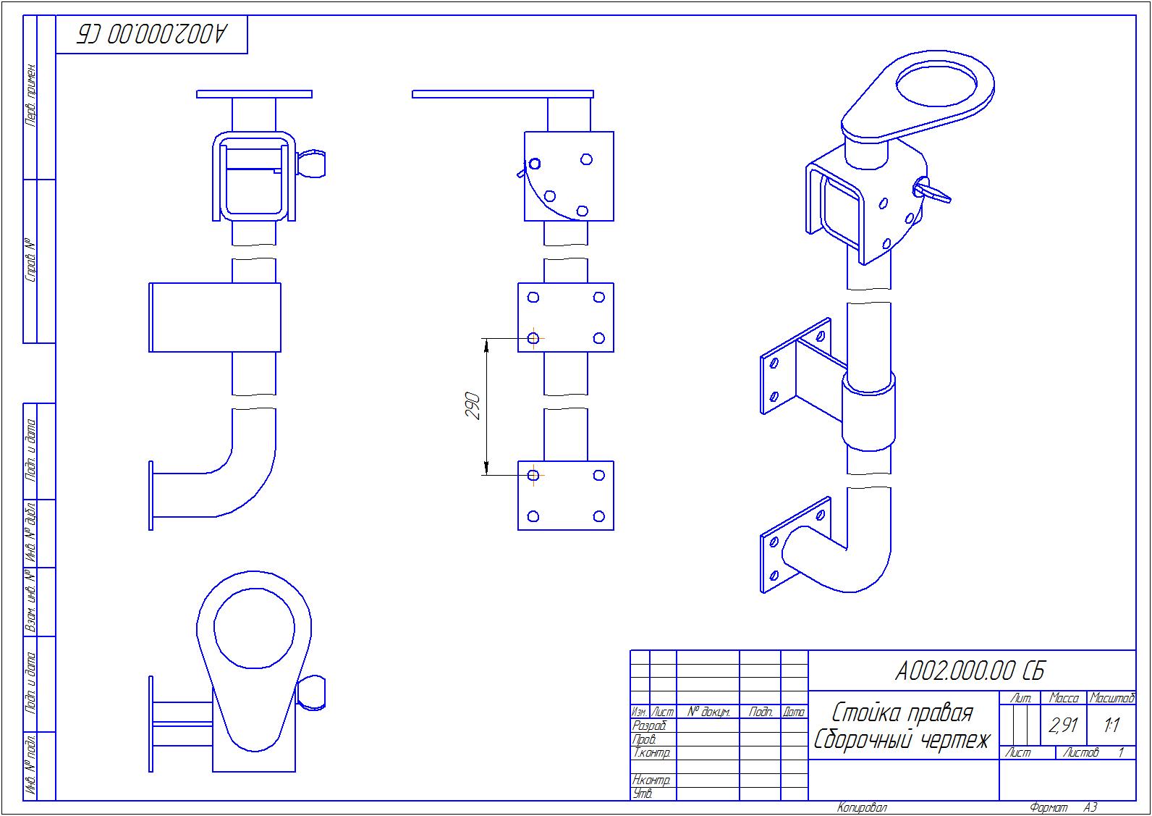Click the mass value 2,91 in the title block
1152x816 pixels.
click(1063, 725)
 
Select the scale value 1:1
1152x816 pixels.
click(1111, 725)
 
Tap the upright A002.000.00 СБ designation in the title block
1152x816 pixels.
click(970, 671)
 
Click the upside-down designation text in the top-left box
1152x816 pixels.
click(152, 34)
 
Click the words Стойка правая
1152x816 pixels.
click(902, 712)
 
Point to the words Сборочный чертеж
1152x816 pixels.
click(902, 740)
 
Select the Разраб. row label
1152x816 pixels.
click(648, 725)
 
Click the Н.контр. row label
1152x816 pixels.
click(651, 780)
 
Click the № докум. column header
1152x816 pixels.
click(708, 712)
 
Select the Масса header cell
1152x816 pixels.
click(1064, 699)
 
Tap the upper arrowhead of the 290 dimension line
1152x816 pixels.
click(486, 345)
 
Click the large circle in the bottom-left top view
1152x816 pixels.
click(254, 628)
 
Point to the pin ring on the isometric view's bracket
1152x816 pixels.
click(934, 192)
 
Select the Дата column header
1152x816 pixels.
click(794, 712)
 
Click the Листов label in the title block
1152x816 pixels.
click(1080, 753)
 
